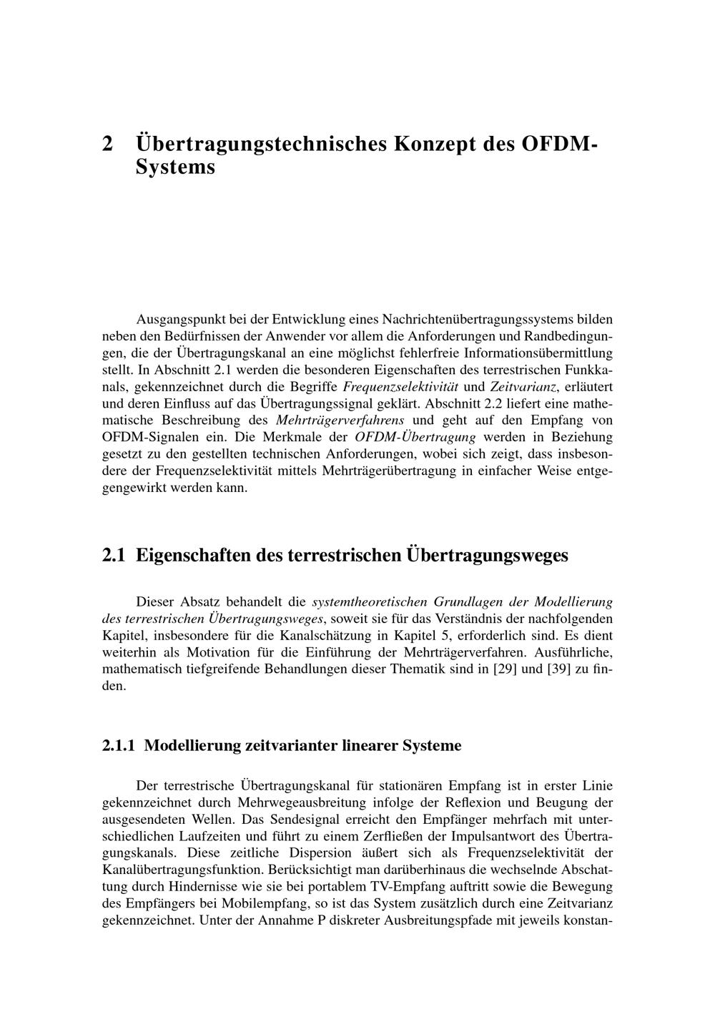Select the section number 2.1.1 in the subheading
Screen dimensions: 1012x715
(119, 746)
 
